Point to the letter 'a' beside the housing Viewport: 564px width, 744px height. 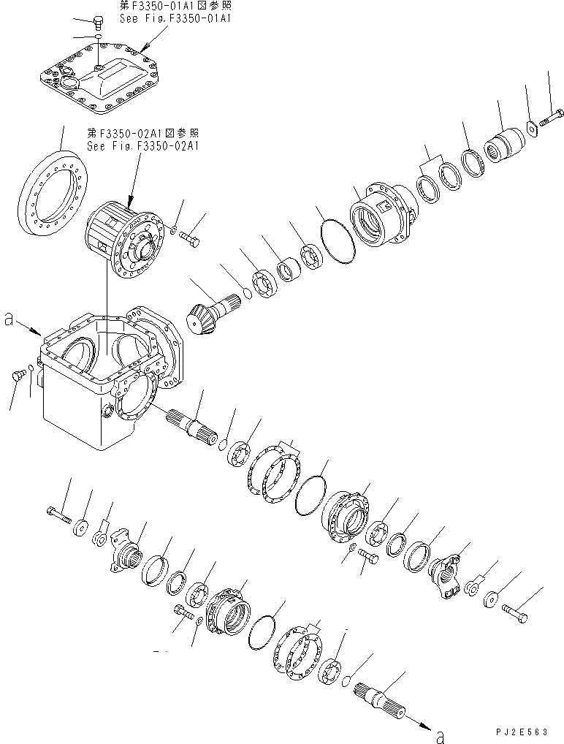9,319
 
